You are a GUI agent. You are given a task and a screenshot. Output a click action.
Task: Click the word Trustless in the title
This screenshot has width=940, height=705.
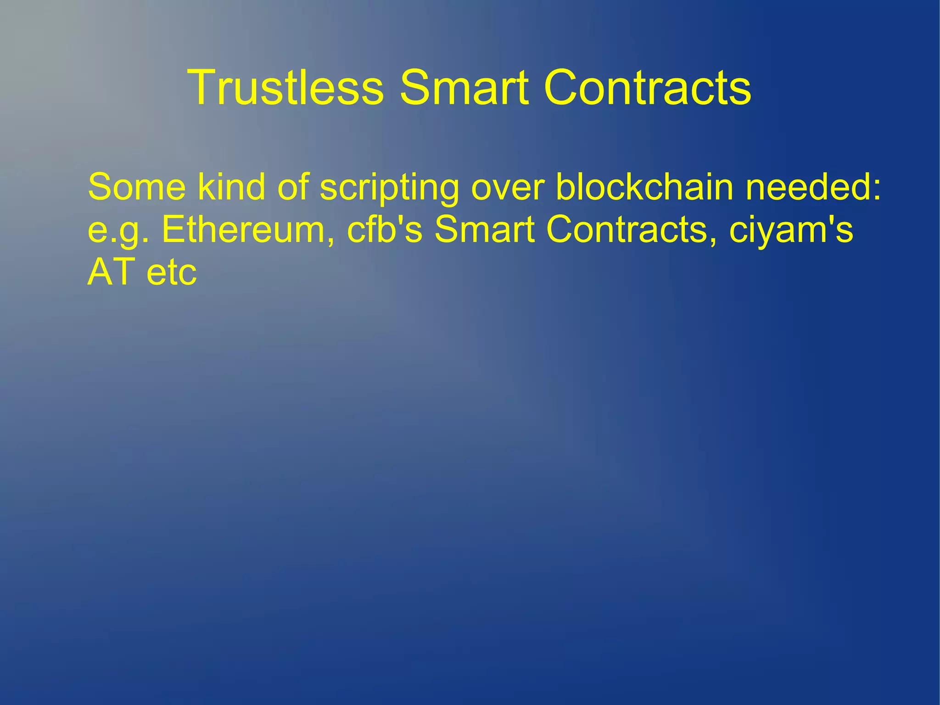click(x=285, y=87)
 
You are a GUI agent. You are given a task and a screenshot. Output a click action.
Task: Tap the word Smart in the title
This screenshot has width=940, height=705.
click(x=464, y=87)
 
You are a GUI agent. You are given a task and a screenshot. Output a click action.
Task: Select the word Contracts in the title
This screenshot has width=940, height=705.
click(x=647, y=87)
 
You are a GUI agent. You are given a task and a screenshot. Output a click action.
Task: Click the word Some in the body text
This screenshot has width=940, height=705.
click(x=137, y=187)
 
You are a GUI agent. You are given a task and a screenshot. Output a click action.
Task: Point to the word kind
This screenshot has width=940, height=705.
click(x=231, y=187)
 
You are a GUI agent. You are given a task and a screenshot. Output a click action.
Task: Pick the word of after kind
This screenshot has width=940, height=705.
click(x=293, y=187)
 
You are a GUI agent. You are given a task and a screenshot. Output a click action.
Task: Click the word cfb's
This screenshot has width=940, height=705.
click(x=385, y=229)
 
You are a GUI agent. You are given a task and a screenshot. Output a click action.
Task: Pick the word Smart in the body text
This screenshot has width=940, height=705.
click(x=484, y=229)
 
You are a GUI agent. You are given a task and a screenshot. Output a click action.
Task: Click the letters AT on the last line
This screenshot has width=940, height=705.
click(x=111, y=272)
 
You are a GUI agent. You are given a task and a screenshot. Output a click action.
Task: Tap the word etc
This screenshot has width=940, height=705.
click(x=172, y=273)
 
